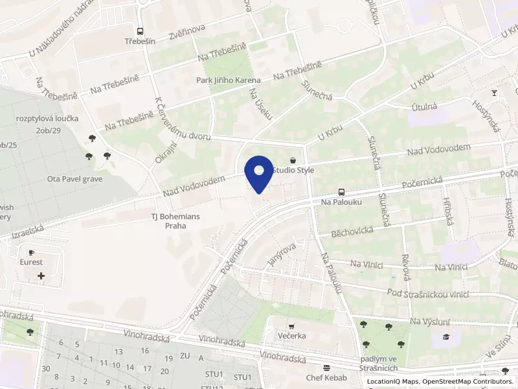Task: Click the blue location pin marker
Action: (x=259, y=173)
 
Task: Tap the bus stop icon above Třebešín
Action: (x=140, y=30)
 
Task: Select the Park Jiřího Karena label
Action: (x=229, y=80)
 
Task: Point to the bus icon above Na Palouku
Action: (x=341, y=192)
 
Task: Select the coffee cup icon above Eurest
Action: (x=31, y=252)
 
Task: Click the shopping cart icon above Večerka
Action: (x=291, y=326)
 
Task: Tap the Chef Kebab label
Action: (x=328, y=377)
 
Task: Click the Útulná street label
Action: (x=425, y=107)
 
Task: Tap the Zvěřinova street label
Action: (x=186, y=32)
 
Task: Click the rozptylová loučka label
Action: (x=49, y=119)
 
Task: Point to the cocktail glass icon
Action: (x=495, y=93)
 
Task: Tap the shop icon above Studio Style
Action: (x=293, y=159)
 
